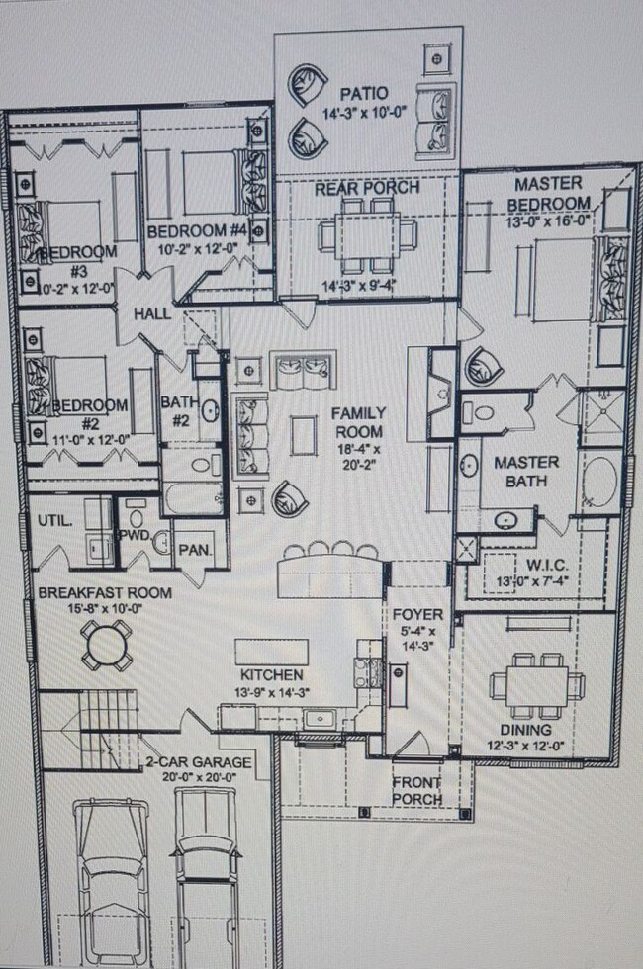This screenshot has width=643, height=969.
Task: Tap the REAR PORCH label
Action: coord(367,188)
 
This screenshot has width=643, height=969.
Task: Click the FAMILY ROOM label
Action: coord(359,423)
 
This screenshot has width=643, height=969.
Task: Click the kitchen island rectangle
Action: coord(271,651)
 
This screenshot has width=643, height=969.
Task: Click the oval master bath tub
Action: coord(598,482)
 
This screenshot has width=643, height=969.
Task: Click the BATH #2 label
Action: coord(178,413)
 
